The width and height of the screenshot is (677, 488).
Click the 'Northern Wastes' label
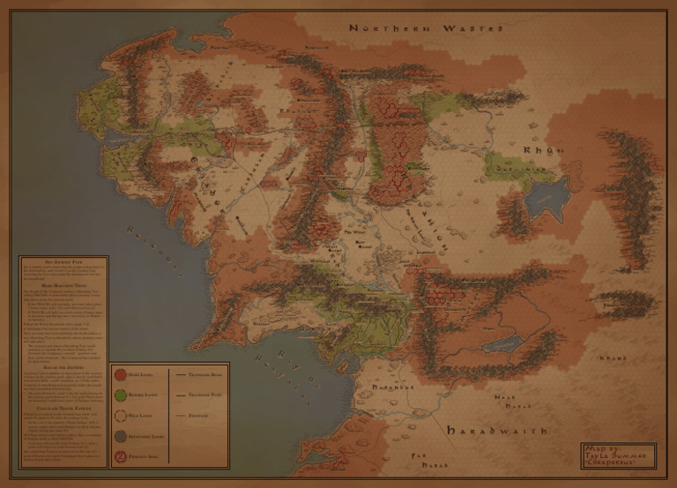click(x=426, y=29)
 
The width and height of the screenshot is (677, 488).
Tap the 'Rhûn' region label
click(x=543, y=151)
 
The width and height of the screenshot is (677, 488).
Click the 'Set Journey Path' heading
click(x=62, y=263)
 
